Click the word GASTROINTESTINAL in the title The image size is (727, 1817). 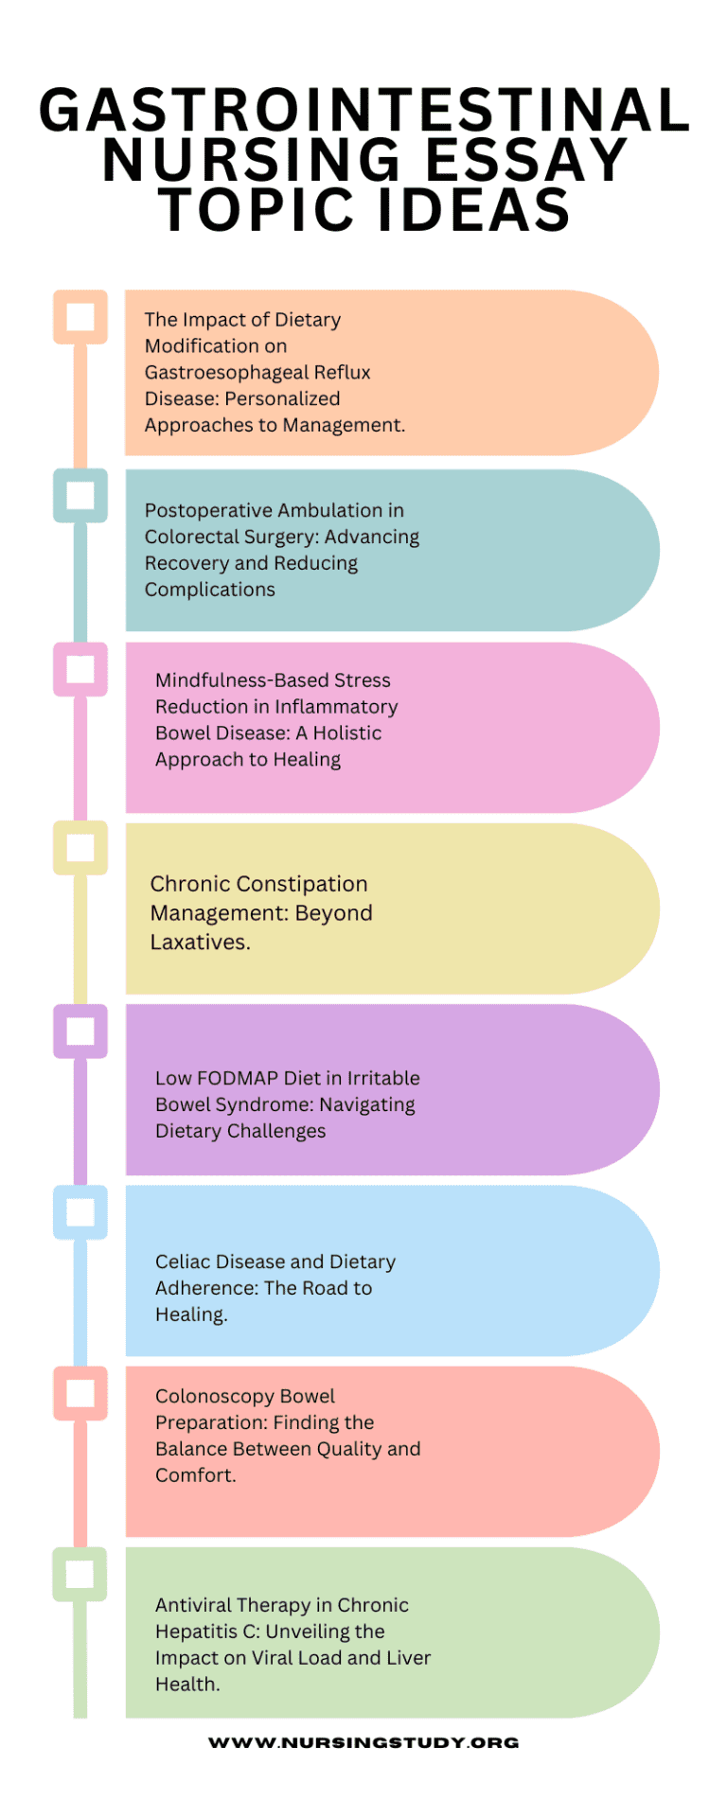364,111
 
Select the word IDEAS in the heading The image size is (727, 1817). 474,210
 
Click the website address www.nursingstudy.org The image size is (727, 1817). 363,1742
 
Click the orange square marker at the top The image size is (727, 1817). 80,316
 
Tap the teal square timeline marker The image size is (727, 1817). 80,495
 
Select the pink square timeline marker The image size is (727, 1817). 80,669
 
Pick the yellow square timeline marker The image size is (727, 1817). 80,848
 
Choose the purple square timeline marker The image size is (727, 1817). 80,1031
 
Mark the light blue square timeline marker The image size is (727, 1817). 80,1212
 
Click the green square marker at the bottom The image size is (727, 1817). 80,1575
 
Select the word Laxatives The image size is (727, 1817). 200,943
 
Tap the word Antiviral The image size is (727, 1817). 193,1605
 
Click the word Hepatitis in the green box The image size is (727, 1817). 193,1632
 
